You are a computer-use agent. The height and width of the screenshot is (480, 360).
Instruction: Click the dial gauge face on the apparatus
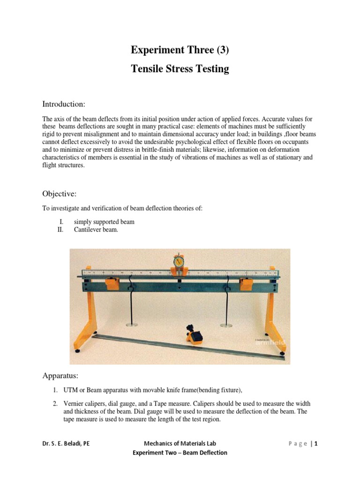pos(179,261)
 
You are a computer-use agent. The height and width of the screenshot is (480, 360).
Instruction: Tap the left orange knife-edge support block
pos(112,284)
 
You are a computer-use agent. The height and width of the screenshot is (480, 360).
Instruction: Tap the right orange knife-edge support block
pos(246,284)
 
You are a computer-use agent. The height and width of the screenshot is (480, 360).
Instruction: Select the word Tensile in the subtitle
pos(147,69)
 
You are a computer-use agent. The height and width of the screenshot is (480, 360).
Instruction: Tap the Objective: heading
pos(60,194)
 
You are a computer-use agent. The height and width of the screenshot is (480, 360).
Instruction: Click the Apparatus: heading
pos(61,375)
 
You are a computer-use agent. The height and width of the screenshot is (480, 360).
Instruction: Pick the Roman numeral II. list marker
pos(60,230)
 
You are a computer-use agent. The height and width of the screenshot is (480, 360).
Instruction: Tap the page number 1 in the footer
pos(316,443)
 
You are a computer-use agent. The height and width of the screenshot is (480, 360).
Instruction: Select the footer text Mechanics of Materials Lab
pos(180,443)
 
